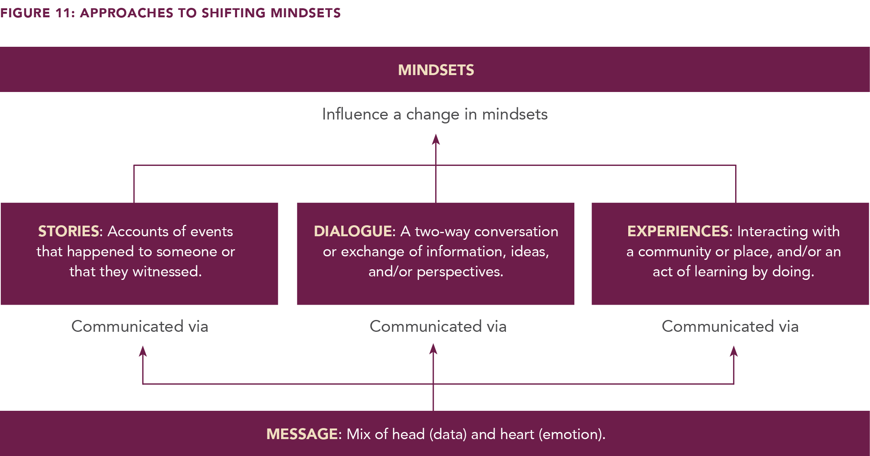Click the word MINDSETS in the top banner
436,70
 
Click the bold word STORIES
68,231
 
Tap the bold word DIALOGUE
353,231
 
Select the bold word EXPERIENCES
678,231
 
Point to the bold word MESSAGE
302,434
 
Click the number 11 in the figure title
63,13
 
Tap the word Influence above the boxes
355,114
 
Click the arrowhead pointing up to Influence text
436,139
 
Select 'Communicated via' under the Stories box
140,326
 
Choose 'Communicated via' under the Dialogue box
438,326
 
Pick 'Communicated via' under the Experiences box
730,326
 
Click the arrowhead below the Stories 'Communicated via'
143,351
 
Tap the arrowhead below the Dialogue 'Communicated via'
433,349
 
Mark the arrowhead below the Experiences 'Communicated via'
734,351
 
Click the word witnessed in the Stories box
167,272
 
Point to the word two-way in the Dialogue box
442,232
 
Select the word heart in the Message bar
517,434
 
